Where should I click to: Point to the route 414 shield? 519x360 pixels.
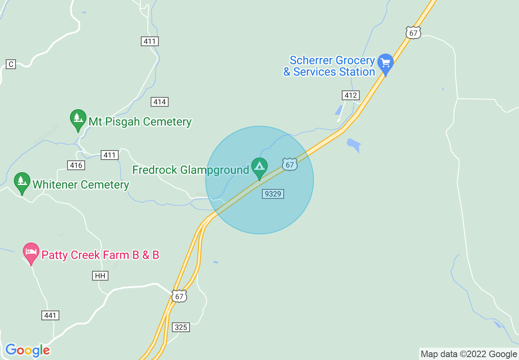click(159, 102)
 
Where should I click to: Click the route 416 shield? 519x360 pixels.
click(76, 165)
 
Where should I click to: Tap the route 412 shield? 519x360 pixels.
click(350, 95)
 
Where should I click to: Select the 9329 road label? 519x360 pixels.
click(273, 194)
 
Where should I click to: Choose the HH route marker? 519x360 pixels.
click(100, 276)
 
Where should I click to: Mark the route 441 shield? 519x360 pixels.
click(50, 315)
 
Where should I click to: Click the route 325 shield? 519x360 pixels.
click(181, 327)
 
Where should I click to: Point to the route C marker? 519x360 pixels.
click(11, 64)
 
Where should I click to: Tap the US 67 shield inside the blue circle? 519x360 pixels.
click(289, 164)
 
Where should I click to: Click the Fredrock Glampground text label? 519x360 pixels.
click(191, 170)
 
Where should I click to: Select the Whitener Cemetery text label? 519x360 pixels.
click(81, 184)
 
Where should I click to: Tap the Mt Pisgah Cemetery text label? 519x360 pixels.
click(140, 122)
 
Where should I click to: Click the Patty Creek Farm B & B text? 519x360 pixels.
click(100, 255)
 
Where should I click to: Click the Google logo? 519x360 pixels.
click(27, 350)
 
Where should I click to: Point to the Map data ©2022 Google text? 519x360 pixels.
click(469, 354)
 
